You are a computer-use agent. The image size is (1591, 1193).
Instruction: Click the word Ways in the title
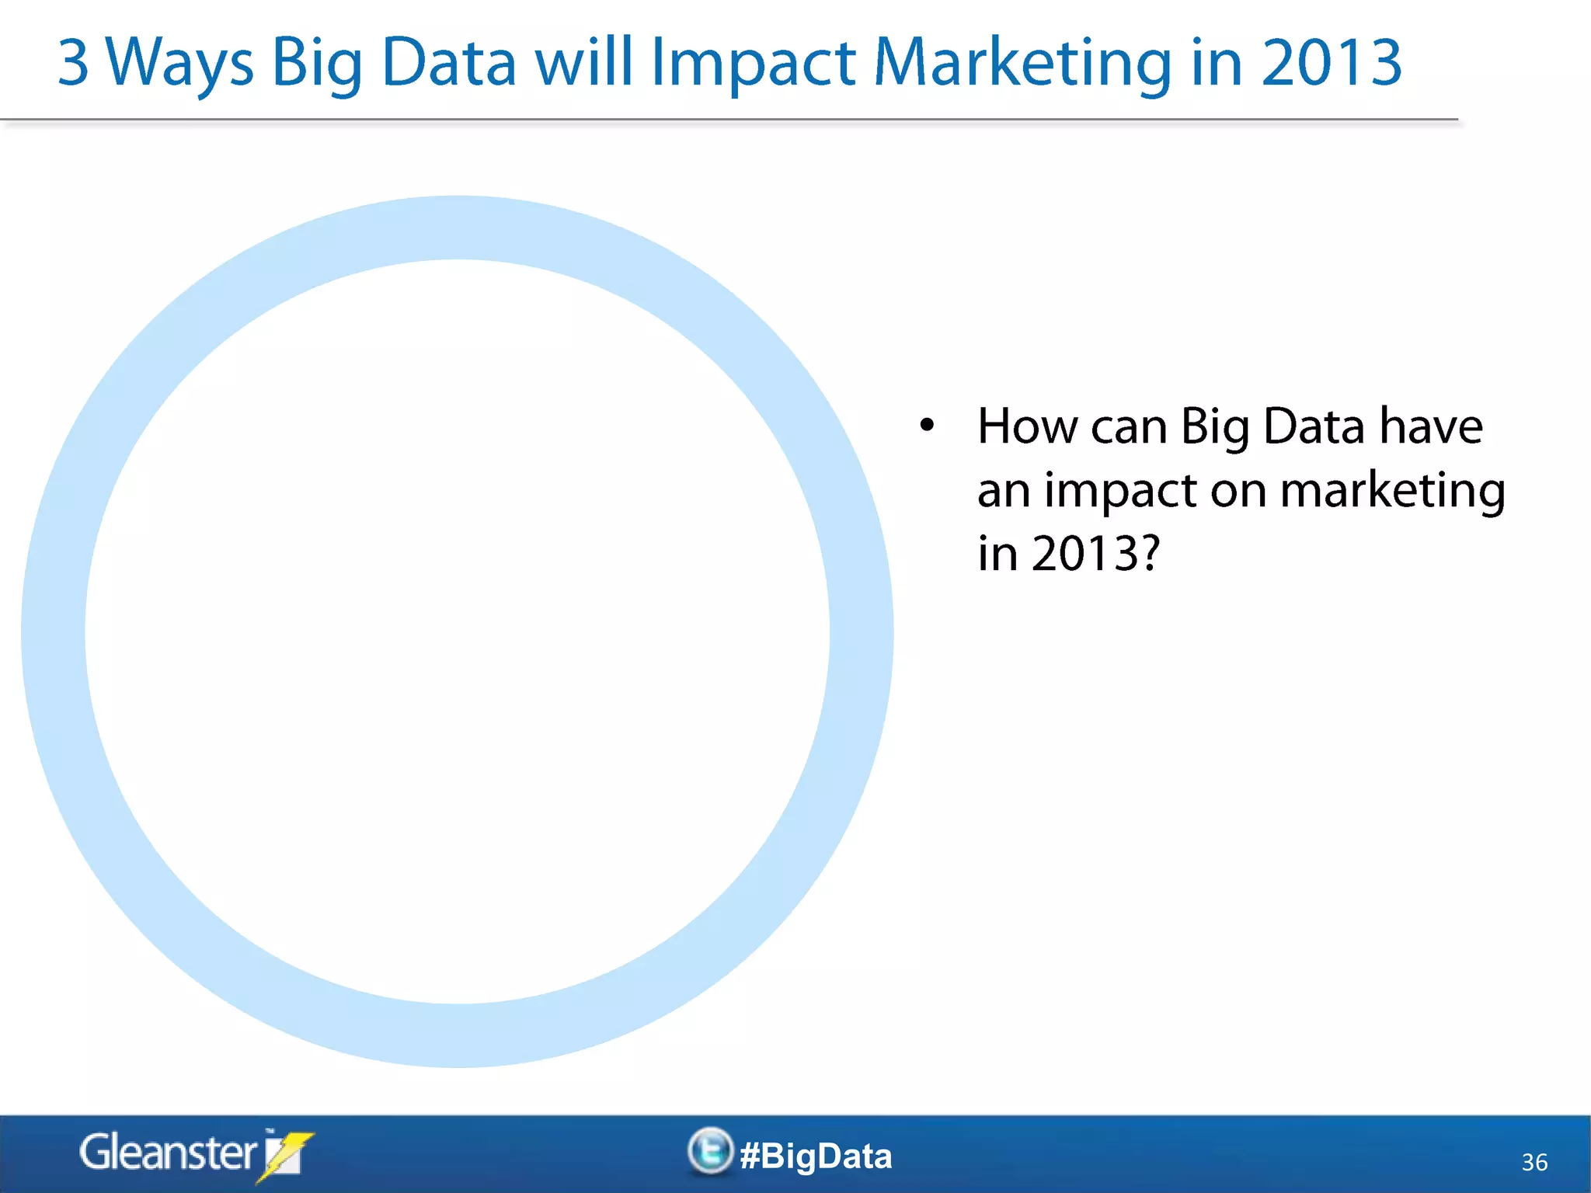[x=179, y=64]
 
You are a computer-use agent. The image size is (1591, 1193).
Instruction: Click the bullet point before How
[x=927, y=425]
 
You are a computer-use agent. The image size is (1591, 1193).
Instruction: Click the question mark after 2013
[x=1147, y=554]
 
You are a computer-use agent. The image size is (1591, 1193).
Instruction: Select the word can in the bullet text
[x=1129, y=428]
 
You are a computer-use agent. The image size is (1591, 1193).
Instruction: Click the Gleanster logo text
[x=168, y=1153]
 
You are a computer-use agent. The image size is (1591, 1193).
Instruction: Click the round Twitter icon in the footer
[x=710, y=1151]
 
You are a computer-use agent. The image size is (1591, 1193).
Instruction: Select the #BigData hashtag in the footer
[x=816, y=1156]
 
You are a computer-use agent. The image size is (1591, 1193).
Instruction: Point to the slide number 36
[x=1534, y=1162]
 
